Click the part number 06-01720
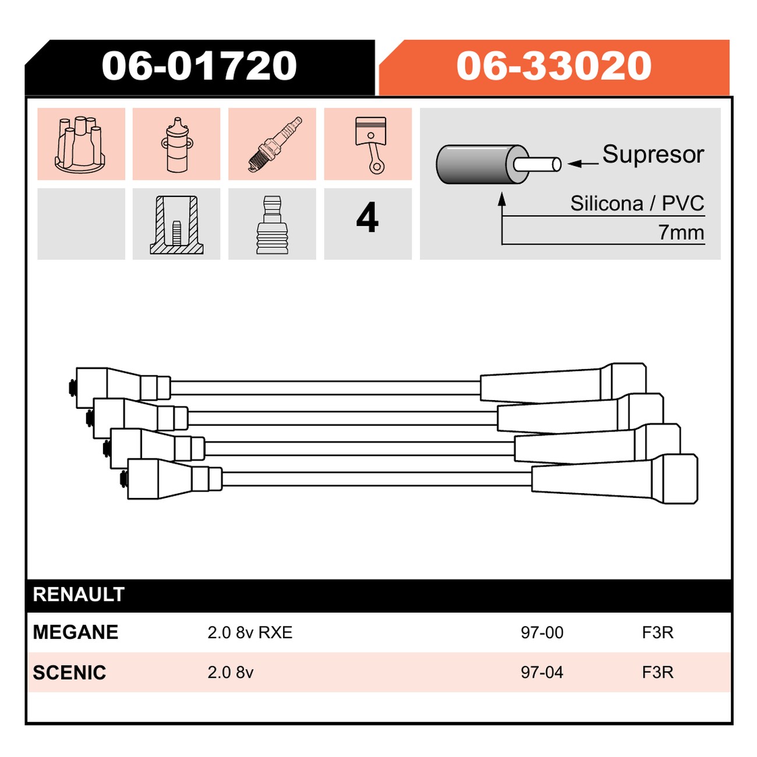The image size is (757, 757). (x=199, y=66)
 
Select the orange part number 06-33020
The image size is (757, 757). (x=554, y=66)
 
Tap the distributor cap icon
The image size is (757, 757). (x=80, y=144)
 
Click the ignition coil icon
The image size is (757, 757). (x=177, y=144)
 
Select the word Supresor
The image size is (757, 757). (x=653, y=154)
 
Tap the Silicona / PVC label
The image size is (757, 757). (x=637, y=203)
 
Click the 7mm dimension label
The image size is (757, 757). (x=681, y=232)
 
